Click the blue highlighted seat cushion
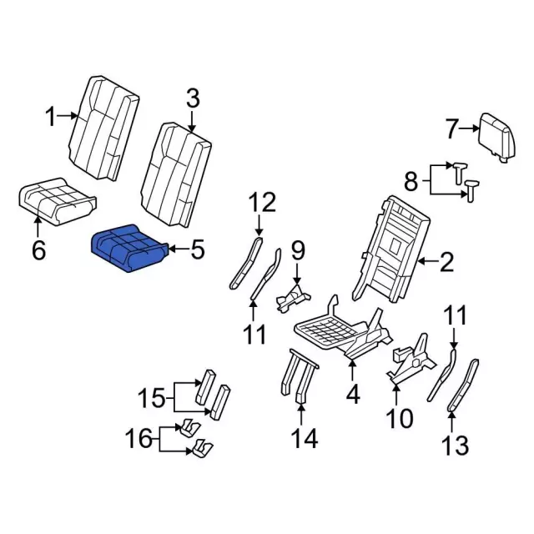pyautogui.click(x=130, y=248)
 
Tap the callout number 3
pyautogui.click(x=192, y=101)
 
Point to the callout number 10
pyautogui.click(x=400, y=416)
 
